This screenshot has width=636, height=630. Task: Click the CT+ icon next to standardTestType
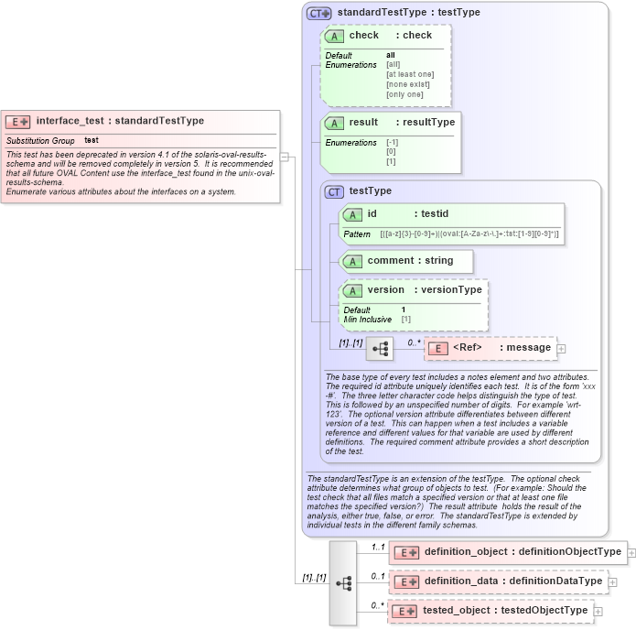coord(318,13)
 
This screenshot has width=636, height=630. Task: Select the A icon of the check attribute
coord(335,36)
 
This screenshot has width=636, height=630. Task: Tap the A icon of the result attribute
coord(335,123)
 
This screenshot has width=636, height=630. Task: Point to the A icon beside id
coord(353,214)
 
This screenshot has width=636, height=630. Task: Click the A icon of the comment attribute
coord(353,261)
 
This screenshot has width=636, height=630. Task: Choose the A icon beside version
coord(353,290)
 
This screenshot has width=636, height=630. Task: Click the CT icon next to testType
coord(335,191)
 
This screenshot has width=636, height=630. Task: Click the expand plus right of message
coord(561,348)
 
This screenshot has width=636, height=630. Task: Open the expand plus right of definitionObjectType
coord(631,552)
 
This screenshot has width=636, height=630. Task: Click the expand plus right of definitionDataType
coord(612,581)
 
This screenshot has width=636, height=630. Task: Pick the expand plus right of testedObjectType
coord(598,611)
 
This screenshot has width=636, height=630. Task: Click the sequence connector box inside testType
coord(379,349)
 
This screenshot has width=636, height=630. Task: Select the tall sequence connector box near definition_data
coord(343,582)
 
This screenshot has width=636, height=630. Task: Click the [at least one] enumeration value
coord(410,74)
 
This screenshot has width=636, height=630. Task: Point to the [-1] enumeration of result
coord(392,143)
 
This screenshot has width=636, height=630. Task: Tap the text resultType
coord(429,122)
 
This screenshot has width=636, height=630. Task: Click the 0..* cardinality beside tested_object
coord(377,605)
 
